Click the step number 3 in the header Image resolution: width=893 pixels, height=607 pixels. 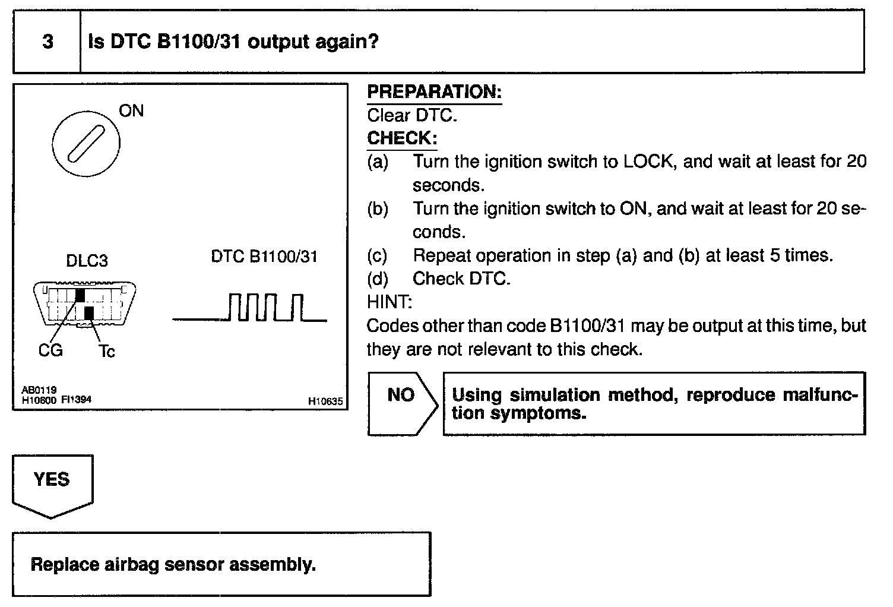click(47, 42)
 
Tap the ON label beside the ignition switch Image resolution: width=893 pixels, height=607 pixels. click(131, 111)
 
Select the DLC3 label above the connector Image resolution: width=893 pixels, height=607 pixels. click(87, 261)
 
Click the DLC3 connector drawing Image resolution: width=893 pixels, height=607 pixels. click(85, 303)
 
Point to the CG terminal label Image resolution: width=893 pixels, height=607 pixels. click(50, 350)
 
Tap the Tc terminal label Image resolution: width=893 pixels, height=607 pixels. click(106, 352)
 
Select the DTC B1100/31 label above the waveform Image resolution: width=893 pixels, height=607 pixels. click(264, 257)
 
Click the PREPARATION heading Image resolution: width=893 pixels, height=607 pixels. click(434, 92)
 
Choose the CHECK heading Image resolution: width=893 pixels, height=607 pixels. click(402, 138)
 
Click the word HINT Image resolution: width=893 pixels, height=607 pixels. click(389, 302)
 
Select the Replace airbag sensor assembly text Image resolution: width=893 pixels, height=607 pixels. click(173, 564)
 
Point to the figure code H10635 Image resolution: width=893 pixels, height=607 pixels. click(325, 401)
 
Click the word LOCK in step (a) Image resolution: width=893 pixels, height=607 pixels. click(650, 162)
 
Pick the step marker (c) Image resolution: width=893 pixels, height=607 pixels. click(377, 255)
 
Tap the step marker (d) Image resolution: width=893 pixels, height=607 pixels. click(377, 279)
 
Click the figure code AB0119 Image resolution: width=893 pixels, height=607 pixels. click(39, 390)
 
